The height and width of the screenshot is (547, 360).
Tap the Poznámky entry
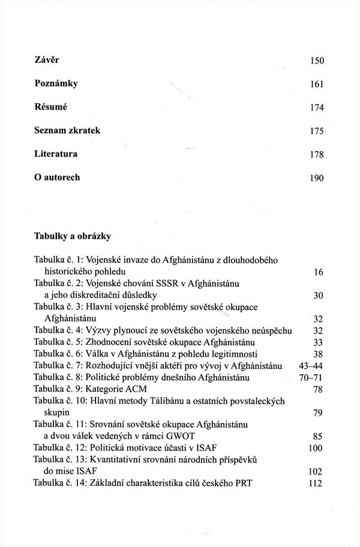pyautogui.click(x=56, y=84)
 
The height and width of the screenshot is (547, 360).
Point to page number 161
pyautogui.click(x=316, y=85)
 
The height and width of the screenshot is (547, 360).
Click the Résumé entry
pyautogui.click(x=49, y=107)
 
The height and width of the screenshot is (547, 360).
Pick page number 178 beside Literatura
pyautogui.click(x=316, y=155)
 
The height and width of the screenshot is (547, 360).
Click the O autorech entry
pyautogui.click(x=57, y=178)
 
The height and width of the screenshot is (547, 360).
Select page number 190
pyautogui.click(x=316, y=178)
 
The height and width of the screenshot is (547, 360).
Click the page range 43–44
pyautogui.click(x=311, y=366)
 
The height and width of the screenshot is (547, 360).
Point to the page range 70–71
pyautogui.click(x=311, y=378)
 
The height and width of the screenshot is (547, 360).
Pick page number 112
pyautogui.click(x=316, y=484)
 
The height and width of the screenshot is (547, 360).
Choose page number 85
pyautogui.click(x=318, y=437)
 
